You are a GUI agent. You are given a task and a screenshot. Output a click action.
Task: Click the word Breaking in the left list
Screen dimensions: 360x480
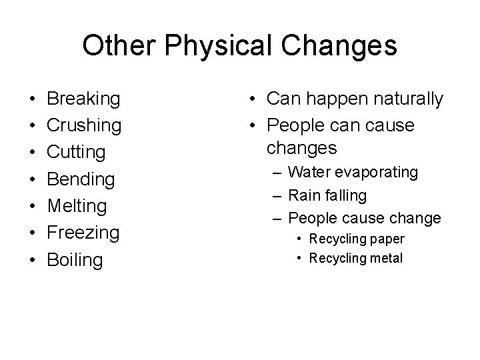point(83,99)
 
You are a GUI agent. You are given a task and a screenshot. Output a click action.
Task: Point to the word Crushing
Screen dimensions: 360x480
point(84,126)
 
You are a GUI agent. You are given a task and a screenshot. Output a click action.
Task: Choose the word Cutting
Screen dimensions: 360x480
point(76,153)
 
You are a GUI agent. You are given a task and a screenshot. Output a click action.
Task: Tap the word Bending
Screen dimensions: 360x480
point(81,179)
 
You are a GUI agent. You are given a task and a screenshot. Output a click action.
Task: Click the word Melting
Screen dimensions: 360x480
point(77,206)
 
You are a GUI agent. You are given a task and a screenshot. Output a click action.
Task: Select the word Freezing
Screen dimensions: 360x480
point(83,233)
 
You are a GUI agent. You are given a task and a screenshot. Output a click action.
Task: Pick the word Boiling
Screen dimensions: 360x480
point(75,259)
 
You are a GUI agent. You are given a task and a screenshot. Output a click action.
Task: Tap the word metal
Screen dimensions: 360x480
point(386,258)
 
